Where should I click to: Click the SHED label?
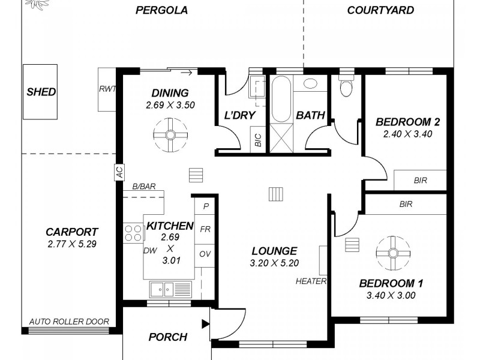click(x=41, y=92)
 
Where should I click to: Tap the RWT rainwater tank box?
click(x=107, y=89)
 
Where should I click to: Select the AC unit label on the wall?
click(x=119, y=172)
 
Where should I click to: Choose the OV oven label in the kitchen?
click(x=205, y=253)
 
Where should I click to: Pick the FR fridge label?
click(x=205, y=229)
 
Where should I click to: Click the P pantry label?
click(x=206, y=206)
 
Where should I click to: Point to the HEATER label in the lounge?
click(x=311, y=281)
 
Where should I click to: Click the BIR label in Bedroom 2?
click(x=420, y=180)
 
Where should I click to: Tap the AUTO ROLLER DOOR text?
click(x=69, y=322)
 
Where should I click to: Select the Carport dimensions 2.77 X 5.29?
click(x=71, y=244)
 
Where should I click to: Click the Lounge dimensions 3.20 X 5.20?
click(x=274, y=262)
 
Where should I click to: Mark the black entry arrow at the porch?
click(x=206, y=325)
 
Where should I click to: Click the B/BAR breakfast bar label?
click(x=144, y=187)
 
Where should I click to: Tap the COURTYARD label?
click(x=380, y=10)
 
